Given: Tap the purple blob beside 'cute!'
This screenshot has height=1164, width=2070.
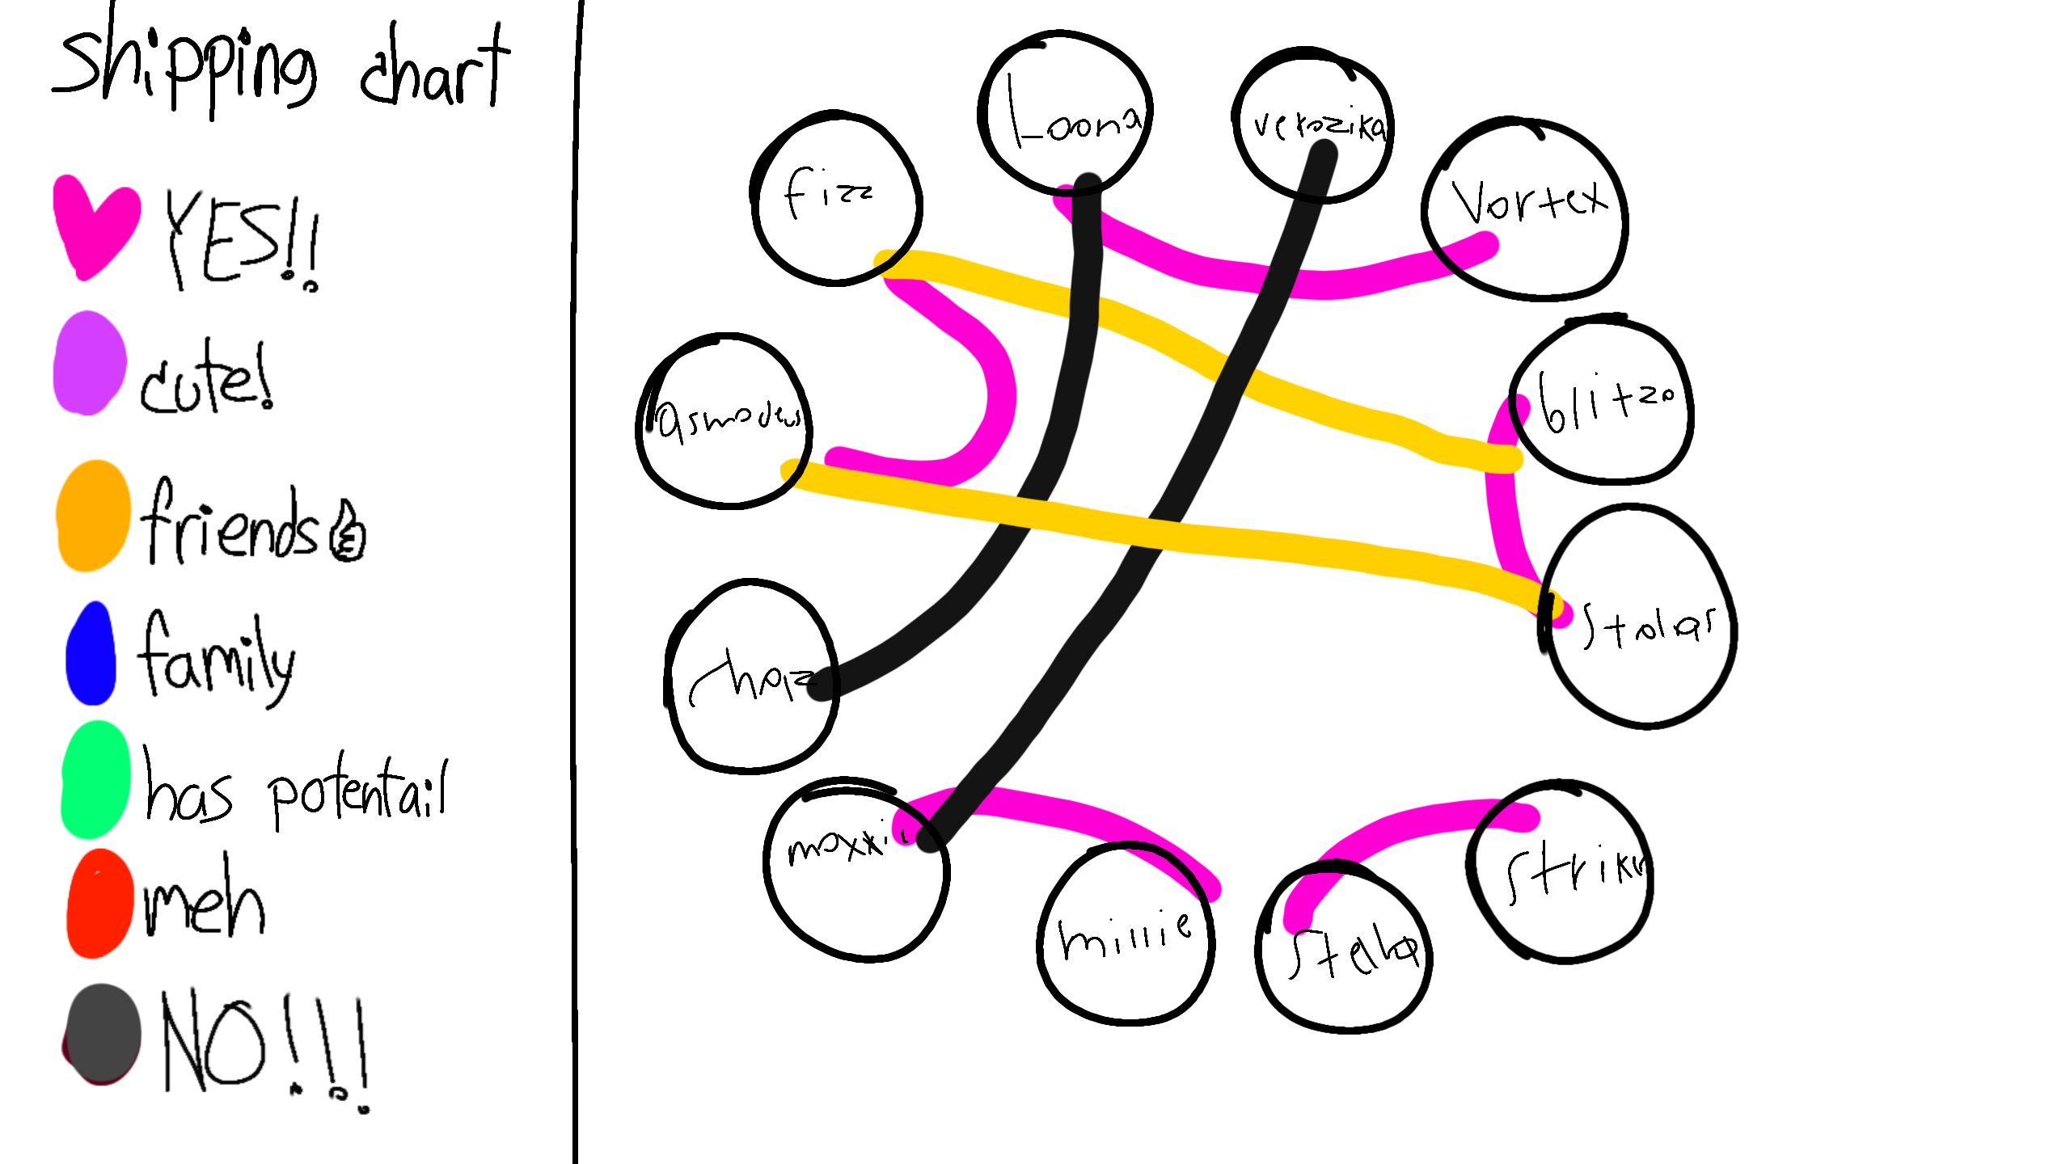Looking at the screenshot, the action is pyautogui.click(x=89, y=364).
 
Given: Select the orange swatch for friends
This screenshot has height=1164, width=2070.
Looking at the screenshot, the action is pyautogui.click(x=93, y=516).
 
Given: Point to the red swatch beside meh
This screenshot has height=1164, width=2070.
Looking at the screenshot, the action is pyautogui.click(x=99, y=904).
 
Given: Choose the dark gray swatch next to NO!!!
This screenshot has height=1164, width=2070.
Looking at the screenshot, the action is pyautogui.click(x=103, y=1033).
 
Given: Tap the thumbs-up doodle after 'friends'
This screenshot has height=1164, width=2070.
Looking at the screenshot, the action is pyautogui.click(x=349, y=533).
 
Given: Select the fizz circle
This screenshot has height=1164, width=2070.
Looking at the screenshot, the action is pyautogui.click(x=836, y=199).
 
